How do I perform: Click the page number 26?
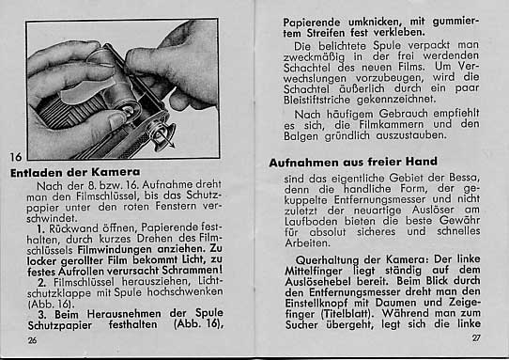(x=32, y=340)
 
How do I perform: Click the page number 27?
(x=476, y=337)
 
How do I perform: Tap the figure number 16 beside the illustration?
(x=15, y=157)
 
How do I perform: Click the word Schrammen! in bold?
(x=192, y=270)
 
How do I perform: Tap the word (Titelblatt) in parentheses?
(x=347, y=314)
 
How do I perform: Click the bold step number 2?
(x=42, y=282)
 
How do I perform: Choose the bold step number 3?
(x=42, y=315)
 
